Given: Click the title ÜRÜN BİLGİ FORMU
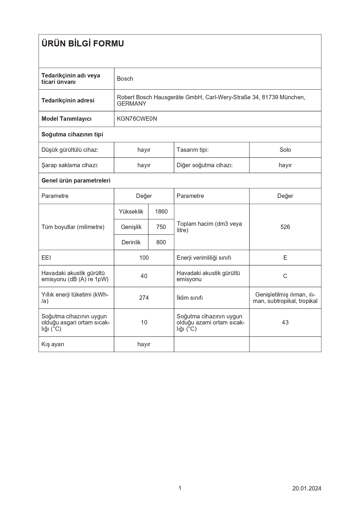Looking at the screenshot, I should (83, 44).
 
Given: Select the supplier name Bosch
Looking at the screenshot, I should (125, 79).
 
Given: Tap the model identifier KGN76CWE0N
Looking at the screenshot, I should (137, 119).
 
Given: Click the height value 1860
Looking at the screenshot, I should (161, 212).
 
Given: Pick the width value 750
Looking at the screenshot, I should (161, 227).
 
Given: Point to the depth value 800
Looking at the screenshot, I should (161, 242).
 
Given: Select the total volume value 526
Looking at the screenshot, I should (285, 227).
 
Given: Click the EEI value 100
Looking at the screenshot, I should (144, 258).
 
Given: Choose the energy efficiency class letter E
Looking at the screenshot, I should (285, 258).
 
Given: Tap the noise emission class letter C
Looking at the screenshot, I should (285, 276).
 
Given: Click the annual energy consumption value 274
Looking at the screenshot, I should (144, 298).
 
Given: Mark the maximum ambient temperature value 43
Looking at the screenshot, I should (285, 322).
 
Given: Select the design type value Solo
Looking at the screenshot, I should (285, 150).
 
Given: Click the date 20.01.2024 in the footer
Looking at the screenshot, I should (307, 488).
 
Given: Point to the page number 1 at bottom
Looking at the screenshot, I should (180, 488).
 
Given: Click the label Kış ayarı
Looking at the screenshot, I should (53, 344).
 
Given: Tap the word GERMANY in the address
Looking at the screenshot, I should (131, 104).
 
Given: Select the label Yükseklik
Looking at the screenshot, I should (131, 212).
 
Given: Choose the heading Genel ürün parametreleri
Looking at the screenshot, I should (76, 181).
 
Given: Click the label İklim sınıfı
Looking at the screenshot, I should (189, 298).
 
